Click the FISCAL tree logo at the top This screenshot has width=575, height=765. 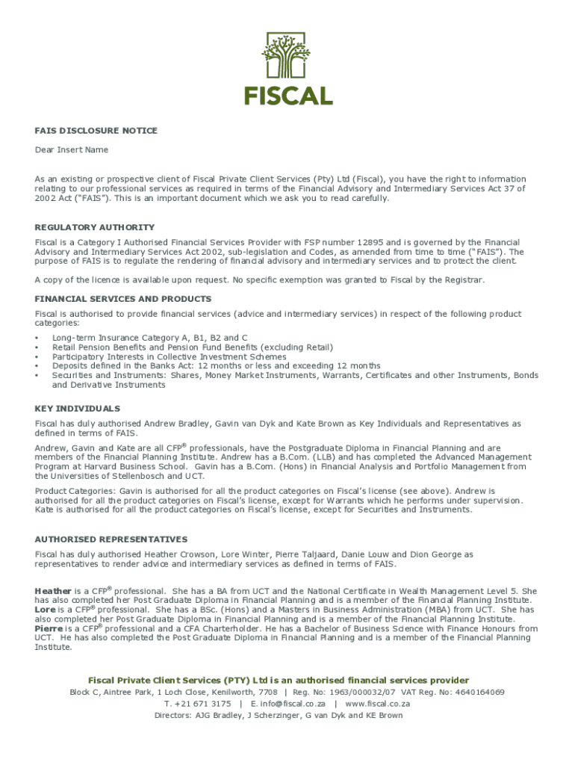coord(288,68)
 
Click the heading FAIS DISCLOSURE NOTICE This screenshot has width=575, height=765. coord(96,131)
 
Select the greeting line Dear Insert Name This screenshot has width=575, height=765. coord(72,150)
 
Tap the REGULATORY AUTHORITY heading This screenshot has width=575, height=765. coord(95,227)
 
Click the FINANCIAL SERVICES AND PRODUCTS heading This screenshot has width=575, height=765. coord(122,299)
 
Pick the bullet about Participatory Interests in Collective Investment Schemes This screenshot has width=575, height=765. coord(169,357)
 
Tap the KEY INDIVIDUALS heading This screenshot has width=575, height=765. coord(78,409)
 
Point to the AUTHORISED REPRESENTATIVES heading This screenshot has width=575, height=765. coord(111,539)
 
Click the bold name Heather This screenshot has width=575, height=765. coord(53,591)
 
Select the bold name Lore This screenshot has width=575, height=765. coord(45,610)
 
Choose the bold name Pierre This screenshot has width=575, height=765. coord(48,629)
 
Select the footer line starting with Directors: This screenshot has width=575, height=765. coord(279,715)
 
